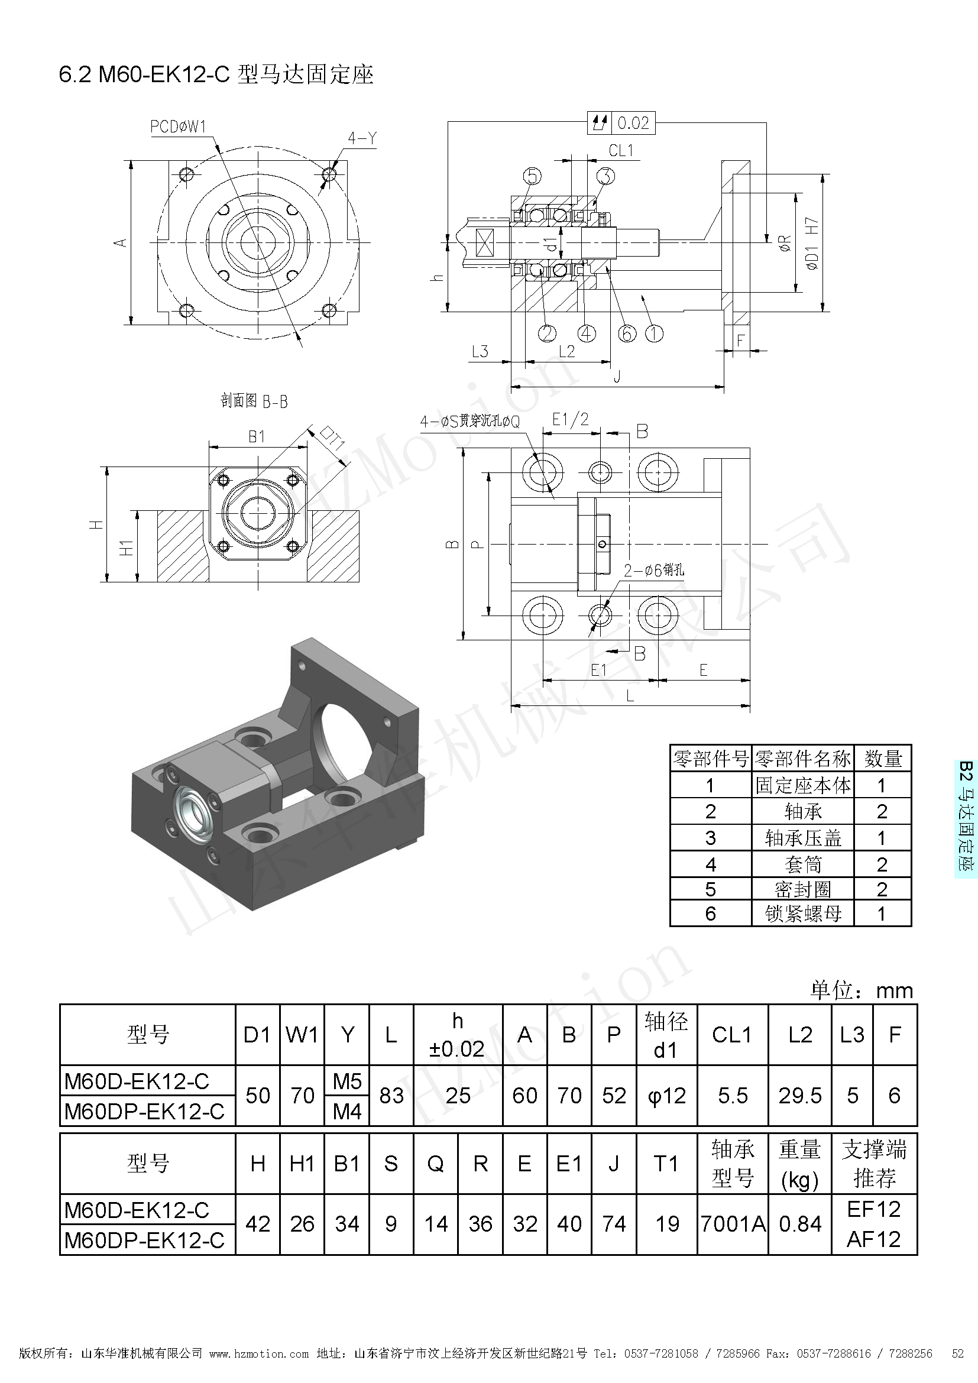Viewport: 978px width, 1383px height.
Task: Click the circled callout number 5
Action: point(532,176)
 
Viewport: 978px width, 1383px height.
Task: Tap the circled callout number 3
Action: point(605,176)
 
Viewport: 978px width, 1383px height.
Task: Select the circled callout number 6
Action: point(627,333)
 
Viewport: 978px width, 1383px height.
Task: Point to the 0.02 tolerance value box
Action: point(633,124)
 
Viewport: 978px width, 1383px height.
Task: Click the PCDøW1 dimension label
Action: point(178,127)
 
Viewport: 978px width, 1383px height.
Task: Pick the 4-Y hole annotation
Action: point(362,139)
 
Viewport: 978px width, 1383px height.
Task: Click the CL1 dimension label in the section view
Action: point(621,151)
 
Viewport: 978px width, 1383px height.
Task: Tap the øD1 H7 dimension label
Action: point(812,244)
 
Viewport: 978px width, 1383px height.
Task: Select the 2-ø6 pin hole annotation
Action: point(653,570)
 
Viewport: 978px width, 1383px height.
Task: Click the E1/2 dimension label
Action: point(570,419)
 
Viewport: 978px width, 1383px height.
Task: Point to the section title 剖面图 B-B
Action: point(254,401)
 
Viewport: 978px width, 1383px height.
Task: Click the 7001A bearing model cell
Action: point(733,1224)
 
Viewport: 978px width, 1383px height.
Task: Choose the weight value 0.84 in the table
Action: point(800,1224)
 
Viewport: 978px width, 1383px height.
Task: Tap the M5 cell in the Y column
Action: point(347,1082)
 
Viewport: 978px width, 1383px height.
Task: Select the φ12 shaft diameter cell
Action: point(666,1096)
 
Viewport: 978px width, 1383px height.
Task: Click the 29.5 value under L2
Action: point(800,1096)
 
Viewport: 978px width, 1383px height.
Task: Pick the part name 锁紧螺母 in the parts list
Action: point(804,914)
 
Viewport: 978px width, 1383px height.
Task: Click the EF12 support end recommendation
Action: point(874,1209)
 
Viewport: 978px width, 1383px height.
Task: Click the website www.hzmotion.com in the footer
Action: point(259,1366)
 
